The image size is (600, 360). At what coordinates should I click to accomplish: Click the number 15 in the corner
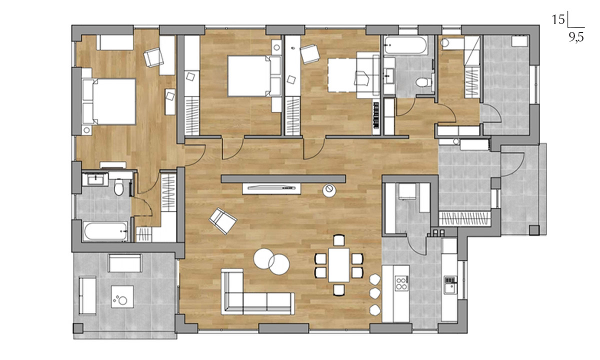558,19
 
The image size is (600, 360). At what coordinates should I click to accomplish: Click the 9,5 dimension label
576,37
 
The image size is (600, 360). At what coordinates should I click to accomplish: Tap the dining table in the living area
339,265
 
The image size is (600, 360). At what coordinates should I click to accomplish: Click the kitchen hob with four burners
401,283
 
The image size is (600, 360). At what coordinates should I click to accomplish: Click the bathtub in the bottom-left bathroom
105,231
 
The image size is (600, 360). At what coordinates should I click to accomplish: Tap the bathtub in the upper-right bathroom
406,45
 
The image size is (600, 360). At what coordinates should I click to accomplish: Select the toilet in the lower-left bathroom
118,187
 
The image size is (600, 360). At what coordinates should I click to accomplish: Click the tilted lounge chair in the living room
223,221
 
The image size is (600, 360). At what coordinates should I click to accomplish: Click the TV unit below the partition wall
271,188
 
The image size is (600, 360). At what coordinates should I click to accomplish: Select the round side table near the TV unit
329,190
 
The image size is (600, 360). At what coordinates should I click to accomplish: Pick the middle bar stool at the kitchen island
374,294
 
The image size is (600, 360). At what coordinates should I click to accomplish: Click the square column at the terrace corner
78,328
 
